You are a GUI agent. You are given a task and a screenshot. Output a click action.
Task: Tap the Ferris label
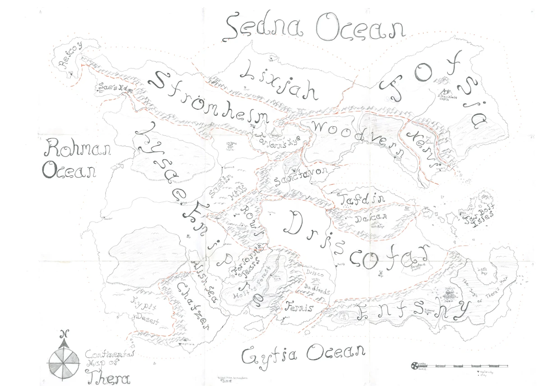(x=298, y=309)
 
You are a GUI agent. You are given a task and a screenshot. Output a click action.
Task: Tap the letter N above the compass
(x=64, y=334)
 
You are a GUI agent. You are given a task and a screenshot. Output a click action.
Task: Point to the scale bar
(x=460, y=365)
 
